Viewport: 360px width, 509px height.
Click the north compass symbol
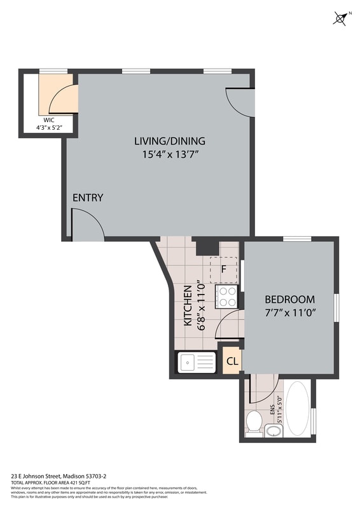pos(340,18)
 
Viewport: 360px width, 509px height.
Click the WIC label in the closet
pos(50,120)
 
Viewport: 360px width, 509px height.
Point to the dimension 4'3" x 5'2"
pos(50,128)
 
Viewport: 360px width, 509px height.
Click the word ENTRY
pos(87,198)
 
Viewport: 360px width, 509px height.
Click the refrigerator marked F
pos(224,268)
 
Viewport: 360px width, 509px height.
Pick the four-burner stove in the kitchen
pos(227,295)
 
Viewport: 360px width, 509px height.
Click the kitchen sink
pos(197,363)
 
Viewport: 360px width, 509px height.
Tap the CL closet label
pos(232,361)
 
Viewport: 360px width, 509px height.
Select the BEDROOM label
pos(289,300)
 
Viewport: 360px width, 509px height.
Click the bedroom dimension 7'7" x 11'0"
pos(289,312)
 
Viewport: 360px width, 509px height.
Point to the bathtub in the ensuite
pos(297,408)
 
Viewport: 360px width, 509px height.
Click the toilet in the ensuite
pos(254,421)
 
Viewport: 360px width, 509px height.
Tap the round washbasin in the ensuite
pos(273,431)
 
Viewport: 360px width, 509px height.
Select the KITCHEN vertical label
pos(188,305)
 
